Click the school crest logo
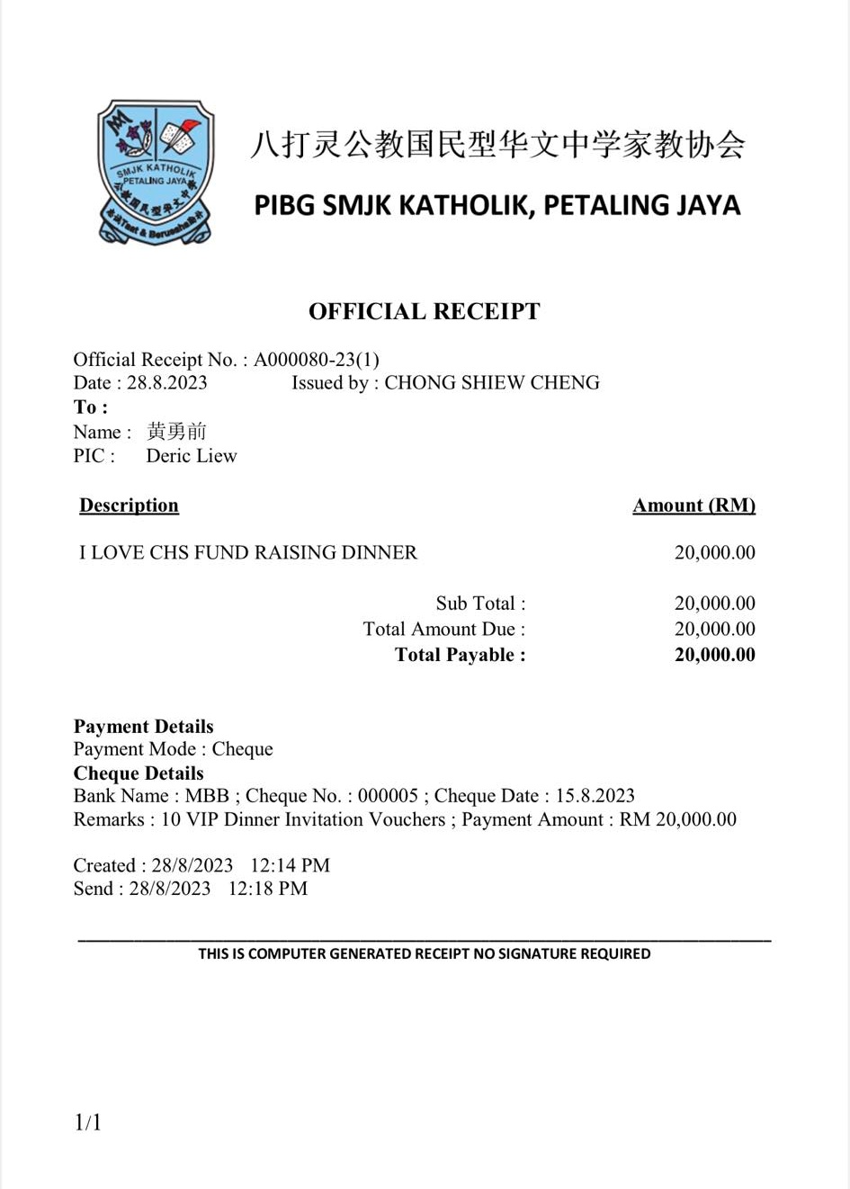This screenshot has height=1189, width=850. click(x=156, y=171)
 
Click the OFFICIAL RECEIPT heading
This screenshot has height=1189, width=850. click(x=424, y=311)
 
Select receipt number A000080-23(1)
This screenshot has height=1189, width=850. click(x=317, y=360)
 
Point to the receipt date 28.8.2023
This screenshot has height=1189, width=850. click(x=166, y=382)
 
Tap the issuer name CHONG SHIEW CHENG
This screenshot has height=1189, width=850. click(x=492, y=382)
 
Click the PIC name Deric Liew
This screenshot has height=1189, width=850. click(x=192, y=456)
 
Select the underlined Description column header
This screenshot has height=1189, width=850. click(x=129, y=505)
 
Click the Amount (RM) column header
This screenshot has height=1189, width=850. click(x=693, y=505)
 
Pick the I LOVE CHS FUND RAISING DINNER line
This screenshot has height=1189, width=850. click(x=248, y=552)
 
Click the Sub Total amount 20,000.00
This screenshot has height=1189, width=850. click(x=714, y=603)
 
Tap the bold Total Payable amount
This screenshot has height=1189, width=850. click(x=714, y=655)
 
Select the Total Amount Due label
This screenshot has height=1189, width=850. click(x=443, y=629)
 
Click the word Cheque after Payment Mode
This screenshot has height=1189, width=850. click(x=242, y=749)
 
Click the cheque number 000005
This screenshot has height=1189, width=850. click(x=388, y=796)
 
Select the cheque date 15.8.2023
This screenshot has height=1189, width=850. click(x=595, y=796)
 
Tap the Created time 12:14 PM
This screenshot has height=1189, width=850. click(x=290, y=865)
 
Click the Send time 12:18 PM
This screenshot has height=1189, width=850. click(x=267, y=889)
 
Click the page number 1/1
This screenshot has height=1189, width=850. click(x=87, y=1122)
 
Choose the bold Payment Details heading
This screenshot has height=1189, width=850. click(x=143, y=727)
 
